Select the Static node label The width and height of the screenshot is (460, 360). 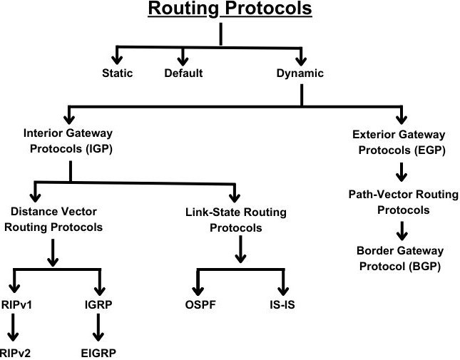(117, 73)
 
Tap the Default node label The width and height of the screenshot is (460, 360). (183, 73)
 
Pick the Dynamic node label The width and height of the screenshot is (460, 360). (300, 73)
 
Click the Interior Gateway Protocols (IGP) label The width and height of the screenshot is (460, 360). (68, 141)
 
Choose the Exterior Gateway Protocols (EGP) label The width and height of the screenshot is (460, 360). (399, 141)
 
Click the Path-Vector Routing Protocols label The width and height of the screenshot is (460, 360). (399, 200)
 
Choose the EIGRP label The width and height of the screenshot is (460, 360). (98, 352)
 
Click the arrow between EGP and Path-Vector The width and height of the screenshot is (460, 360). (402, 172)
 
